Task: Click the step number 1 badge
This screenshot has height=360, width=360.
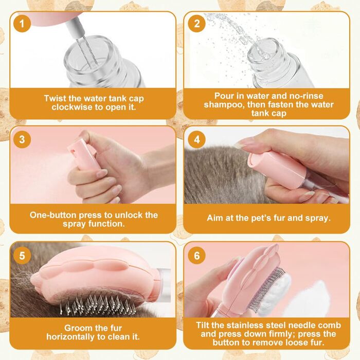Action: coord(22,24)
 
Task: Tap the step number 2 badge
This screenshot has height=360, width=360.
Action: coord(197,24)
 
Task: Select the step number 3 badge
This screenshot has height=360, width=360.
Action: coord(22,139)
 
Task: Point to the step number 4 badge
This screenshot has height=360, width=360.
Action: coord(197,139)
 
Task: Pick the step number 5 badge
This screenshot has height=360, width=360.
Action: coord(22,256)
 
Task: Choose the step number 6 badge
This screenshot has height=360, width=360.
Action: coord(197,256)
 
